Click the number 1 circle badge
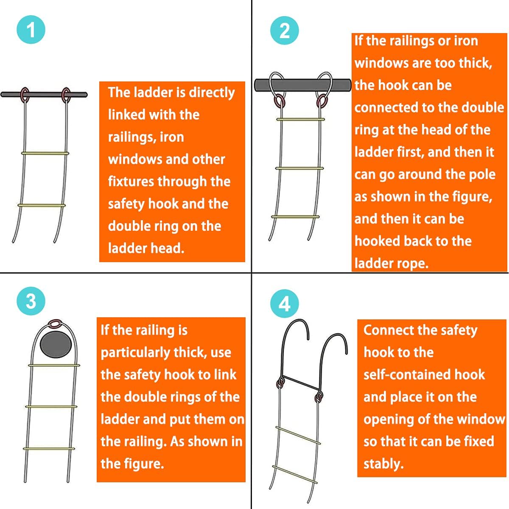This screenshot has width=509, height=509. pos(31,30)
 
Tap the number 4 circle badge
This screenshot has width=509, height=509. pos(285,304)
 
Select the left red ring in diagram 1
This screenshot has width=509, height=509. pos(25,95)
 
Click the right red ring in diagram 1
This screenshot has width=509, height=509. pos(66,95)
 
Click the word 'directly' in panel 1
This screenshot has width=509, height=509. pos(212,92)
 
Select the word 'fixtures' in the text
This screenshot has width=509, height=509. pos(131,182)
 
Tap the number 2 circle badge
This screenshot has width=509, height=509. pos(285,31)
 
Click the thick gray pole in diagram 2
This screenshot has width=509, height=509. pos(302,85)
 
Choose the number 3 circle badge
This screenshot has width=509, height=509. pos(31,301)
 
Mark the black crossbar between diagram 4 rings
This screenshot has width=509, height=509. pos(301,383)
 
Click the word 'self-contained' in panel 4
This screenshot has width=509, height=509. pos(424,375)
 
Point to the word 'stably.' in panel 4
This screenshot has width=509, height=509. pos(383,464)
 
